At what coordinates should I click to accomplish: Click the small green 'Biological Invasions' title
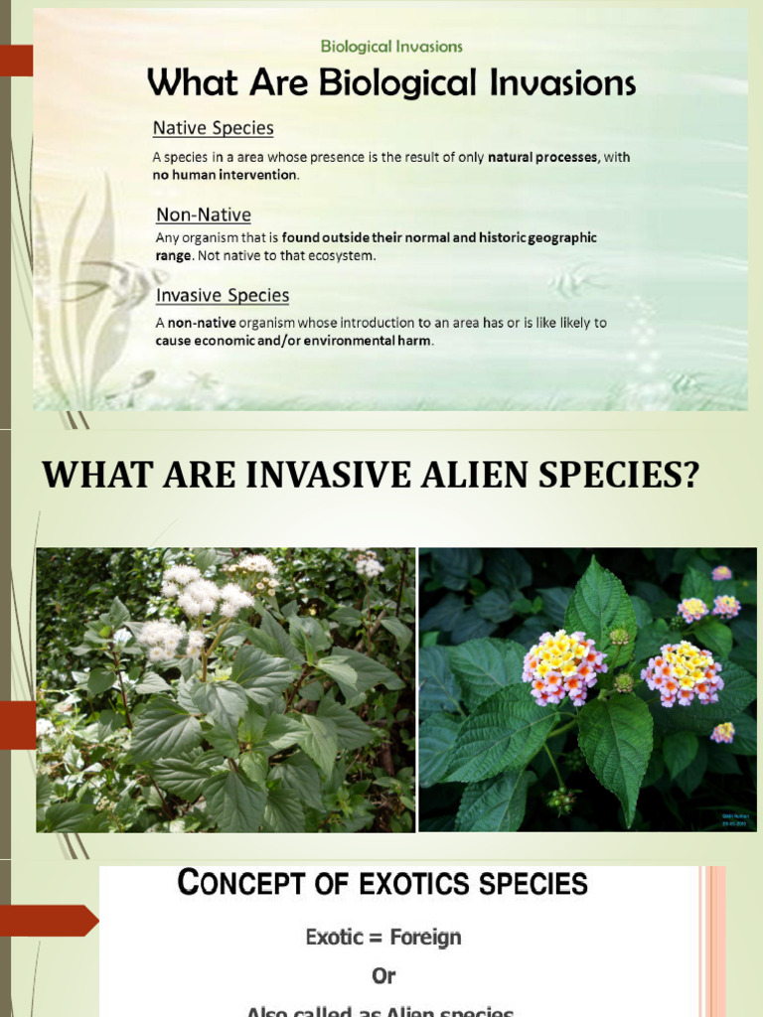(391, 46)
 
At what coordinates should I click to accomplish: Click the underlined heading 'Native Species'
(213, 128)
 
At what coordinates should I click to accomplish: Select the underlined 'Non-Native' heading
(203, 215)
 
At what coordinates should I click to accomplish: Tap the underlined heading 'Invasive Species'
(223, 295)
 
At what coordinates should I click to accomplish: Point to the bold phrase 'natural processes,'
(543, 157)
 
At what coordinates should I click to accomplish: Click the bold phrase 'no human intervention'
(225, 175)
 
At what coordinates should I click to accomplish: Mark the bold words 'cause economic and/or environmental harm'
(293, 341)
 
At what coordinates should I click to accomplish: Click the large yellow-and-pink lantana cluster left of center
(563, 666)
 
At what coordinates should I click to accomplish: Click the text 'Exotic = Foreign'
(383, 937)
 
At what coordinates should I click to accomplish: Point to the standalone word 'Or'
(383, 976)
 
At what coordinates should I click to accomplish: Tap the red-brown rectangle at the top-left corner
(16, 62)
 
